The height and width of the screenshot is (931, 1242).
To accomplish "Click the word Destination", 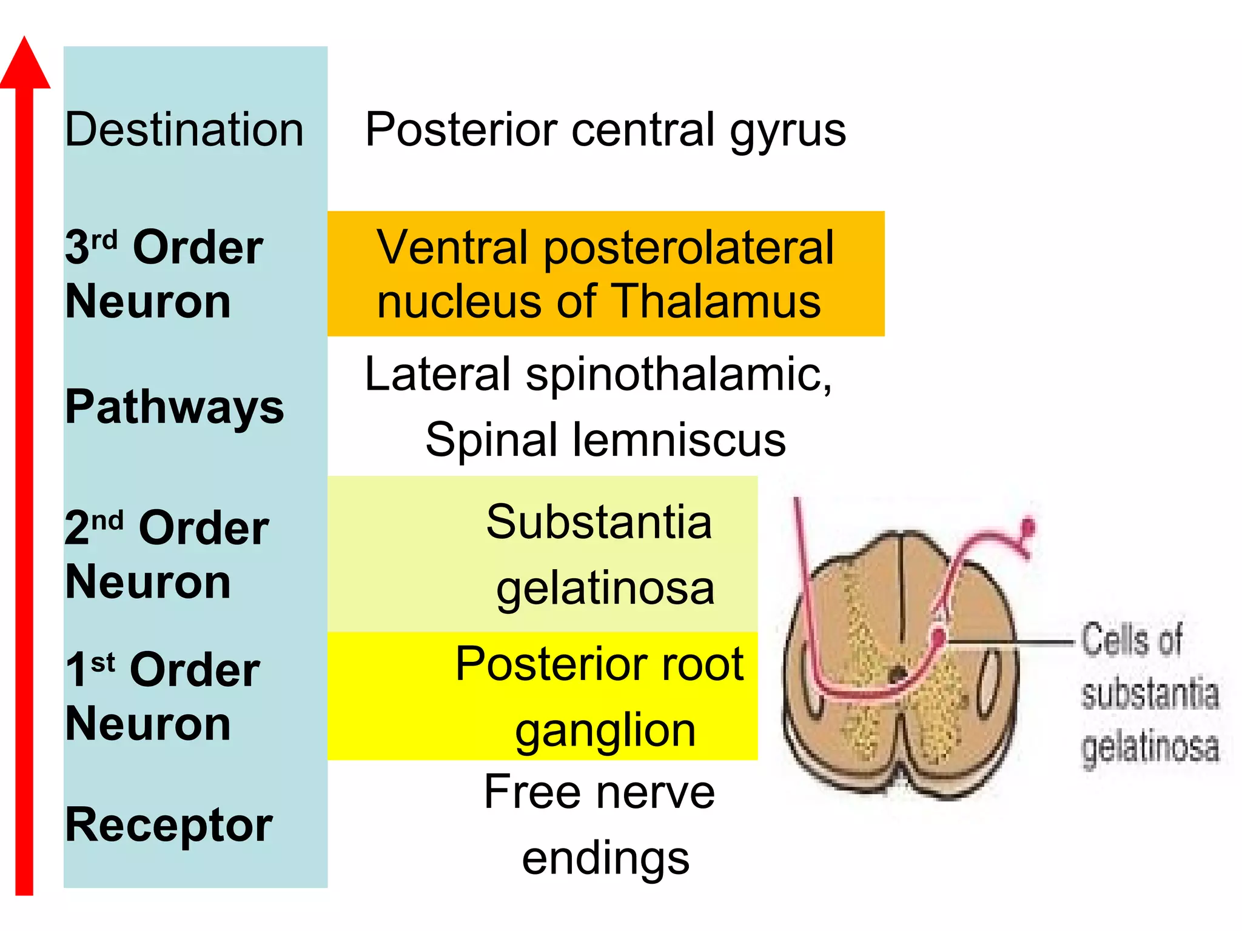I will coord(184,130).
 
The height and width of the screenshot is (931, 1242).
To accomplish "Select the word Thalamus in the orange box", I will coord(716,301).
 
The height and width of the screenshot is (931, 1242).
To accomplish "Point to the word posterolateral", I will coord(689,249).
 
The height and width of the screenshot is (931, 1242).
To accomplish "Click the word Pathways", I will coord(175,407).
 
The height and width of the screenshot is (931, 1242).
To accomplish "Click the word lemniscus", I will coord(679,439).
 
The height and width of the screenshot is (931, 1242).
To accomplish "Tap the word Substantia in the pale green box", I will coord(599,522).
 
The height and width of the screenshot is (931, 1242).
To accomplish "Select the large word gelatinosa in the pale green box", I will coord(605,589).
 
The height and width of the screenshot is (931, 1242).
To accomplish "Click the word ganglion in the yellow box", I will coord(605,732).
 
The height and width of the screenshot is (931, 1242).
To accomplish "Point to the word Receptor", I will coord(169,826).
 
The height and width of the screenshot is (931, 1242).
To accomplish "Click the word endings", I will coord(605,859).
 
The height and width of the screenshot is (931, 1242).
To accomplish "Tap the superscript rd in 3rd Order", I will coord(104,241).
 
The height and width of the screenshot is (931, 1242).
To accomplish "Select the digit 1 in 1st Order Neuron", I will coord(76,670).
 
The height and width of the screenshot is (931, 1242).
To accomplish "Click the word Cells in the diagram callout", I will coord(1132,640).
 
